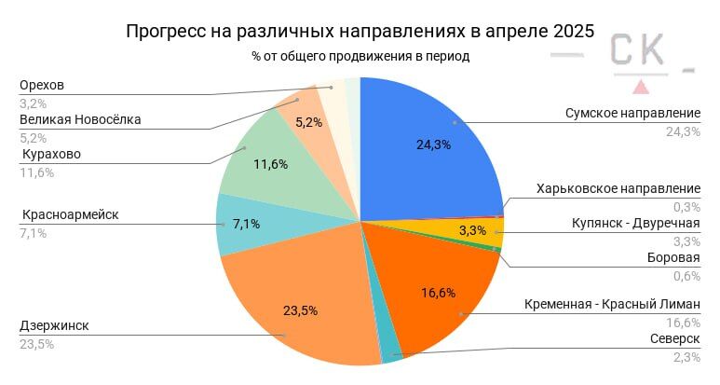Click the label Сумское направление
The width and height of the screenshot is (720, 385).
pyautogui.click(x=632, y=113)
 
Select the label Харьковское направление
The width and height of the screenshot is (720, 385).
pyautogui.click(x=618, y=189)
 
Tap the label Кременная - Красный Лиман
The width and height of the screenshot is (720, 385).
pyautogui.click(x=611, y=304)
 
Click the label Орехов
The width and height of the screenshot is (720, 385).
pyautogui.click(x=43, y=86)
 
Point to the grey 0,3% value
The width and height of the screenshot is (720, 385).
pyautogui.click(x=686, y=207)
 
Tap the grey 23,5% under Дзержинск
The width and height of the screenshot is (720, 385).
pyautogui.click(x=36, y=344)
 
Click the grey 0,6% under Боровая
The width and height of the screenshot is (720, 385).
pyautogui.click(x=686, y=275)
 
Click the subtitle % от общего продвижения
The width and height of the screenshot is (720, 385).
pyautogui.click(x=360, y=56)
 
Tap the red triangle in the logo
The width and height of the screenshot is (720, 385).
pyautogui.click(x=641, y=87)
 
